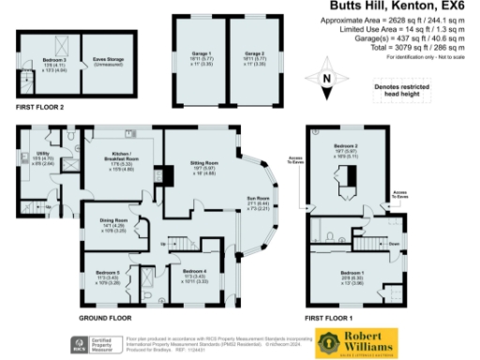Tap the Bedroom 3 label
52,59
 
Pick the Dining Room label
112,221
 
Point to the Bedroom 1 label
351,275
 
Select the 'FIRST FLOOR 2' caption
38,108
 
